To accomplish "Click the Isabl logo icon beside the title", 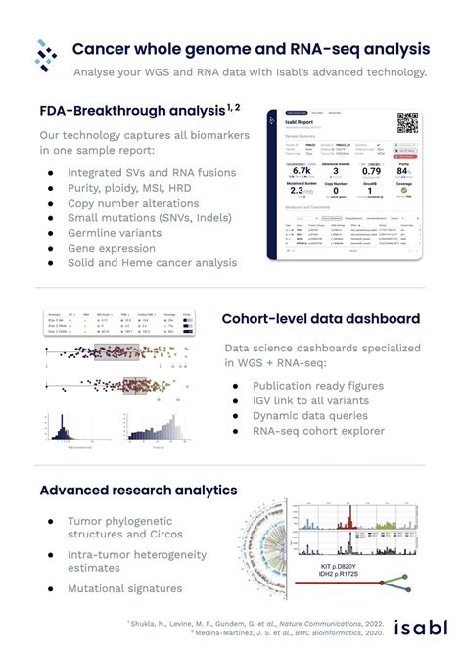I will tap(47, 56).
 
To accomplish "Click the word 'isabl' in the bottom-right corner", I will tap(423, 628).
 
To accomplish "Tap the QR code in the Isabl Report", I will tap(406, 123).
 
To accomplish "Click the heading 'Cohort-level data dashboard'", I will tap(321, 319).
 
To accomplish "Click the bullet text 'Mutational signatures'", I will tap(124, 588).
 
